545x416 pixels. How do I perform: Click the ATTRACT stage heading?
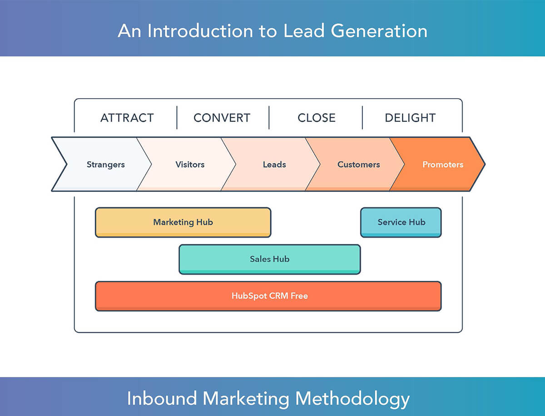tap(127, 118)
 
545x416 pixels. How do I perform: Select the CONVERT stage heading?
tap(222, 118)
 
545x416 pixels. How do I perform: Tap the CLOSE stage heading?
tap(317, 118)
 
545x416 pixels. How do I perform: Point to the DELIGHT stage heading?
tap(410, 118)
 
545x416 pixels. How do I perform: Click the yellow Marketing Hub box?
tap(183, 222)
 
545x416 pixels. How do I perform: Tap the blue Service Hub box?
tap(401, 222)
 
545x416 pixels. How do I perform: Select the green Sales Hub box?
tap(270, 259)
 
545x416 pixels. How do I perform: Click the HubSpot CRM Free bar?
tap(268, 296)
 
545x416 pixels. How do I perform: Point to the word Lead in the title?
tap(304, 31)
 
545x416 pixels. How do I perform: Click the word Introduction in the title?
tap(200, 31)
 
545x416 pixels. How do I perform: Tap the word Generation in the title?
tap(379, 31)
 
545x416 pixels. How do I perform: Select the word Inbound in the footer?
tap(162, 398)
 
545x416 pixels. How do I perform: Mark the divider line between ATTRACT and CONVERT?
tap(177, 118)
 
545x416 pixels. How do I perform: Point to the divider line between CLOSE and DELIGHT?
tap(362, 118)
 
